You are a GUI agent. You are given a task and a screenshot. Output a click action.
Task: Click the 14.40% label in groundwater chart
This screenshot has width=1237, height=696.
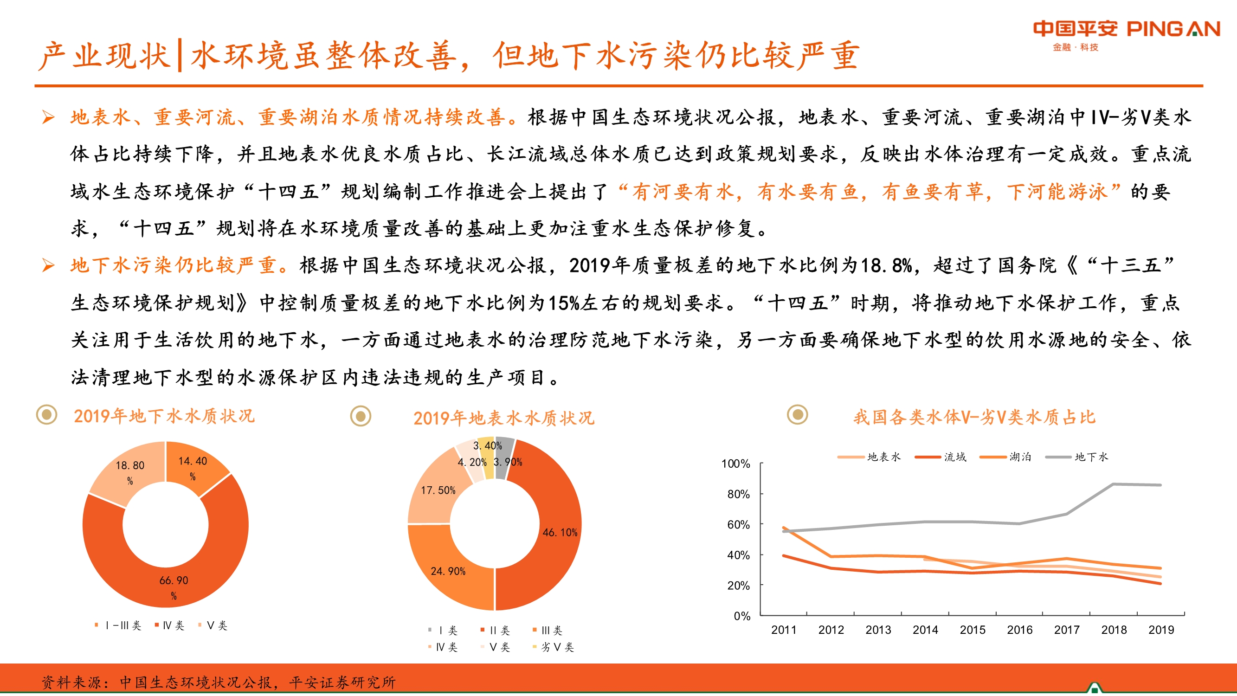pos(193,467)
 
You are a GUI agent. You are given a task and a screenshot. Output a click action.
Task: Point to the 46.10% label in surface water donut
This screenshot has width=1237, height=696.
pos(560,532)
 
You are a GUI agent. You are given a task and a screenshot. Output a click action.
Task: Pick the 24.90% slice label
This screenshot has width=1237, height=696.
pos(448,571)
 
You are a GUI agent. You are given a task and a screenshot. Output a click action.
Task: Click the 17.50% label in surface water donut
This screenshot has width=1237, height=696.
pos(438,490)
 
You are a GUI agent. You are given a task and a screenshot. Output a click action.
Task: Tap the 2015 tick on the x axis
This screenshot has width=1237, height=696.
pos(972,630)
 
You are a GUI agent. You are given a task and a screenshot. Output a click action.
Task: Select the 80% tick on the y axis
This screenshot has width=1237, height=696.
pos(738,494)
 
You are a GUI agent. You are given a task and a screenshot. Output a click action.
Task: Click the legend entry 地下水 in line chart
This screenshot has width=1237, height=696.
pos(1090,457)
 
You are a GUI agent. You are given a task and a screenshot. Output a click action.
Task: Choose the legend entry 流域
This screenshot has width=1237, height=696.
pos(954,457)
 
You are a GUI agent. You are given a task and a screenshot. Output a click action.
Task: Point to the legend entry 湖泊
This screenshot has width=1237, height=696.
pos(1019,457)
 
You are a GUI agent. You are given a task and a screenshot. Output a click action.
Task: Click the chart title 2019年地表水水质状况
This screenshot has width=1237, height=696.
pos(503,418)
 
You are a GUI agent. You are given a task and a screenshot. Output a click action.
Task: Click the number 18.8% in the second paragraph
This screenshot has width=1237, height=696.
pos(885,265)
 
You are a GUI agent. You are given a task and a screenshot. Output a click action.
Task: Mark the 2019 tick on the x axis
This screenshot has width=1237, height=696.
pos(1160,630)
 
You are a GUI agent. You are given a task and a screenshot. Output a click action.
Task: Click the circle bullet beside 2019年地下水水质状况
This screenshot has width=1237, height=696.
pos(46,414)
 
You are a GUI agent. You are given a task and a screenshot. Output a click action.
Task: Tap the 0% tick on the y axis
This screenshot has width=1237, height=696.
pos(741,616)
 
